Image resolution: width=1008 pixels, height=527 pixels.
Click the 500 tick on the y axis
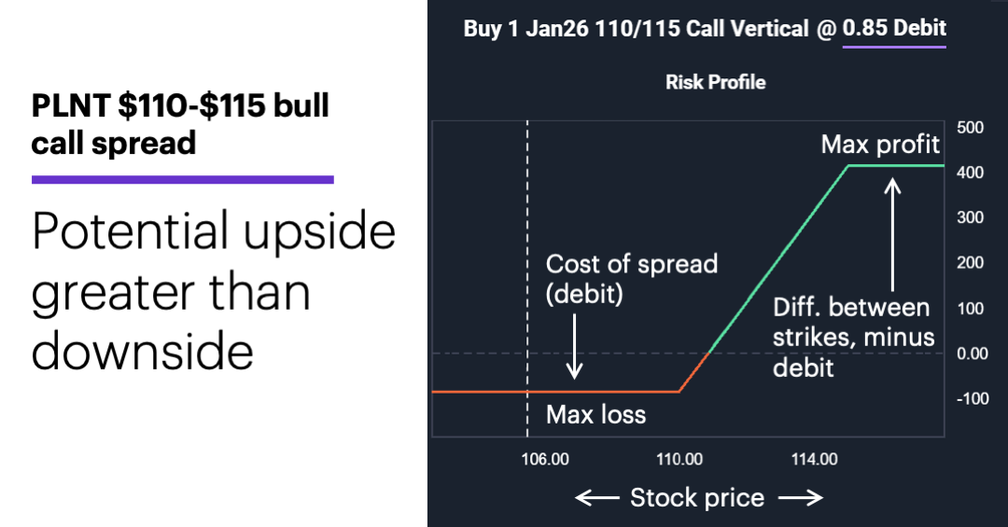pos(971,128)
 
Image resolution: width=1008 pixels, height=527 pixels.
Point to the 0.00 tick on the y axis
pos(973,354)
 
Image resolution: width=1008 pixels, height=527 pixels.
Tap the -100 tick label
pos(972,399)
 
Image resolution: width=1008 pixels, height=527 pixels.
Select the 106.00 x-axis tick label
pos(546,459)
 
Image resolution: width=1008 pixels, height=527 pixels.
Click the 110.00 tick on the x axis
pos(679,459)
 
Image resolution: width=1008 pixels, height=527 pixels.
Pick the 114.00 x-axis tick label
pos(814,459)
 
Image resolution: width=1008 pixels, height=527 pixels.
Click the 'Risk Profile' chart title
pos(716,82)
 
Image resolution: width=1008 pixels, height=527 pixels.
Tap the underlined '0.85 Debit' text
pos(894,28)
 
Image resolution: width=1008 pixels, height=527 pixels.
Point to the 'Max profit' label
pos(880,145)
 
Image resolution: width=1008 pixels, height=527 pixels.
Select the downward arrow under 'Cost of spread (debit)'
pos(576,346)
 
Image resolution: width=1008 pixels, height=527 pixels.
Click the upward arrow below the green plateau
pos(893,233)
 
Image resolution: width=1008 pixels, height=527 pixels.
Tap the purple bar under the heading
pos(183,179)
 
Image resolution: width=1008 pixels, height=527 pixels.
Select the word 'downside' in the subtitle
pos(143,352)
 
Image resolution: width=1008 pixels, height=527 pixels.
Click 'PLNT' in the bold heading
pos(70,106)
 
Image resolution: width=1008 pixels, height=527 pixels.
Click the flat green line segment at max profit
pos(896,166)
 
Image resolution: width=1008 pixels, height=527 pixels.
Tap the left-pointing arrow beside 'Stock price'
pos(596,498)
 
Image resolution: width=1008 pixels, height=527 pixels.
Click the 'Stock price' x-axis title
pos(696,498)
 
